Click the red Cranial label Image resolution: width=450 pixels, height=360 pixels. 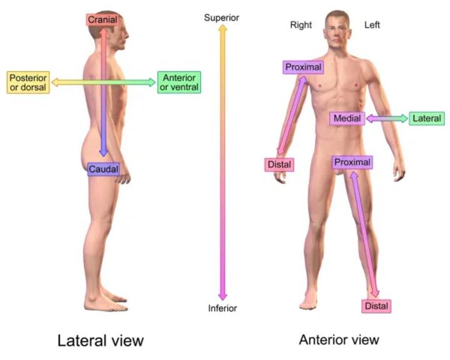pyautogui.click(x=103, y=19)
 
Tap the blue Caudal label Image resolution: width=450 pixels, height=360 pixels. pyautogui.click(x=103, y=169)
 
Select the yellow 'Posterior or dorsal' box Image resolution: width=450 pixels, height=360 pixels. pyautogui.click(x=28, y=83)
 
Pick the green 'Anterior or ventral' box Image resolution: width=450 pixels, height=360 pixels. pyautogui.click(x=179, y=83)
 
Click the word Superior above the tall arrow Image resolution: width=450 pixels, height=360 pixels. pyautogui.click(x=222, y=18)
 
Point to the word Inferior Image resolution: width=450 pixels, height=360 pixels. pyautogui.click(x=223, y=308)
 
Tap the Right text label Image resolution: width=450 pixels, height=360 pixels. pyautogui.click(x=301, y=25)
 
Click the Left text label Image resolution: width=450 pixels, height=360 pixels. pyautogui.click(x=372, y=25)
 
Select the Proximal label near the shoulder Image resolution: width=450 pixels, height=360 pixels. pyautogui.click(x=304, y=67)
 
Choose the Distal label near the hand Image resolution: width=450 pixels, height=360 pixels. pyautogui.click(x=279, y=165)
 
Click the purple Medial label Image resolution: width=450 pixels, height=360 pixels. pyautogui.click(x=347, y=118)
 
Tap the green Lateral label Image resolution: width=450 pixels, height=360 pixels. pyautogui.click(x=427, y=118)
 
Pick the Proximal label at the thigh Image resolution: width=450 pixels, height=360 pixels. pyautogui.click(x=352, y=162)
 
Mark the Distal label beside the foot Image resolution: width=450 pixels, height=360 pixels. pyautogui.click(x=376, y=306)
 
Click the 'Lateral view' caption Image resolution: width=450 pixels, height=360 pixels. pyautogui.click(x=100, y=341)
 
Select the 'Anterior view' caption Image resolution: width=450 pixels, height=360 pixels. pyautogui.click(x=339, y=339)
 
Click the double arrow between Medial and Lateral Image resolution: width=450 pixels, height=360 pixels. pyautogui.click(x=387, y=118)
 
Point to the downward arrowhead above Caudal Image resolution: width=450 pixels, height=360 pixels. pyautogui.click(x=104, y=152)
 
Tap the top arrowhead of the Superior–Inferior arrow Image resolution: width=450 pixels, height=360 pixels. pyautogui.click(x=222, y=28)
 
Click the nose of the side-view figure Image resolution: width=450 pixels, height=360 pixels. pyautogui.click(x=128, y=36)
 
